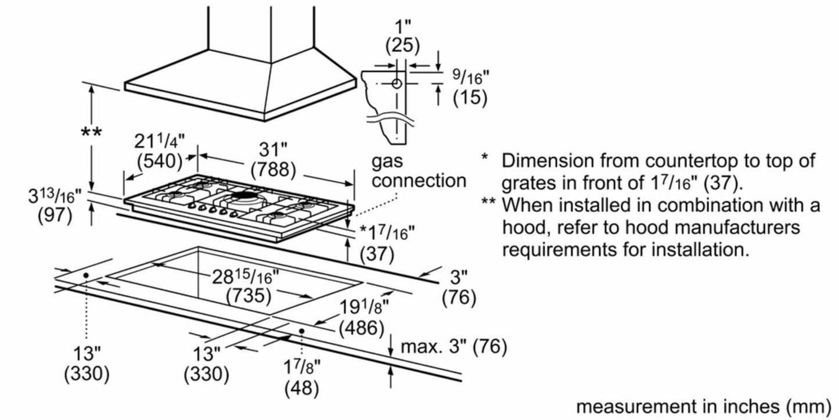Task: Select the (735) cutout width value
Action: coord(249,296)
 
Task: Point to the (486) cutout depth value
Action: coord(361,328)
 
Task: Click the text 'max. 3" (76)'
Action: coord(453,347)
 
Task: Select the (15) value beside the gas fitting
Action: coord(470,98)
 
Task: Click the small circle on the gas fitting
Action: coord(397,84)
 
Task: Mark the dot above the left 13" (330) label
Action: coord(86,275)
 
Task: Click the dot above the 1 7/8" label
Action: coord(302,331)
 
